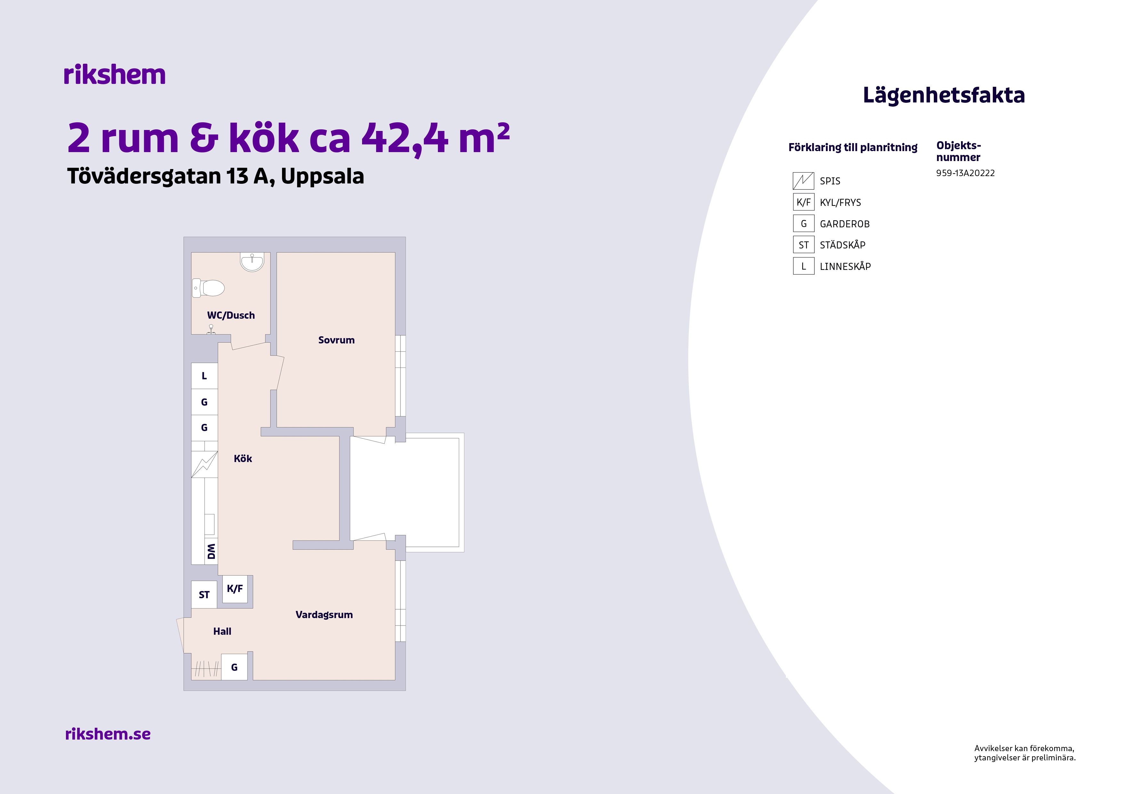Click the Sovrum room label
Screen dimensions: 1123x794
coord(336,340)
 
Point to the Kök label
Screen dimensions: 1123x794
coord(243,458)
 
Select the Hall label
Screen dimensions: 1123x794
coord(222,632)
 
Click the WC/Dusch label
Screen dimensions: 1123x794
coord(231,316)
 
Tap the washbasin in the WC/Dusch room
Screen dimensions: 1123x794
coord(252,262)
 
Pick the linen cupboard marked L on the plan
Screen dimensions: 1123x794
coord(205,376)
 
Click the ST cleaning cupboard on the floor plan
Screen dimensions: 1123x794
coord(204,595)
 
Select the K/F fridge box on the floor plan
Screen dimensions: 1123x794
coord(235,589)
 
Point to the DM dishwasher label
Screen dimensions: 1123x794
coord(211,551)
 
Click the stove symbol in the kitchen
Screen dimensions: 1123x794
coord(205,464)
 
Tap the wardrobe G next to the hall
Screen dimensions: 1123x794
coord(234,667)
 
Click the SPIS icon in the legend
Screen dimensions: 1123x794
coord(803,181)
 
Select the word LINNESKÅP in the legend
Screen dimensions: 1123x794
coord(845,267)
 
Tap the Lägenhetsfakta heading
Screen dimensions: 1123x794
coord(943,95)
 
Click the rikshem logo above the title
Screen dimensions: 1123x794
coord(115,75)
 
